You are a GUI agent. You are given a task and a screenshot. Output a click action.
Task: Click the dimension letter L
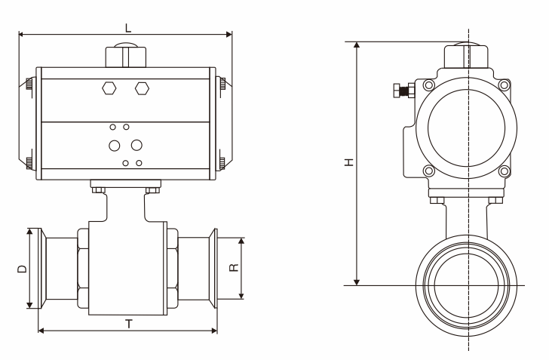click(x=127, y=27)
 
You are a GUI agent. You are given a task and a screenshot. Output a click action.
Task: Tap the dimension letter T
click(x=129, y=324)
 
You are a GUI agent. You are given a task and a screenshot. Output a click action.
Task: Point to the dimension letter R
click(x=235, y=267)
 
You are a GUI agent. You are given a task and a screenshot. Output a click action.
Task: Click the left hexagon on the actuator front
click(x=109, y=88)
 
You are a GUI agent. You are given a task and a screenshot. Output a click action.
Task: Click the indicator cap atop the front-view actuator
click(x=125, y=57)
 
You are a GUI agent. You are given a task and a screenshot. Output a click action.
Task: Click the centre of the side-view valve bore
click(x=468, y=285)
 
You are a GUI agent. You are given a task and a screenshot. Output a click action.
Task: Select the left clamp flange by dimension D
click(x=32, y=267)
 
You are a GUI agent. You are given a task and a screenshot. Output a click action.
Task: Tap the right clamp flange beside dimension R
click(x=213, y=267)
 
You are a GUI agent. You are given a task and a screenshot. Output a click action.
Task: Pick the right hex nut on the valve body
click(x=173, y=269)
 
